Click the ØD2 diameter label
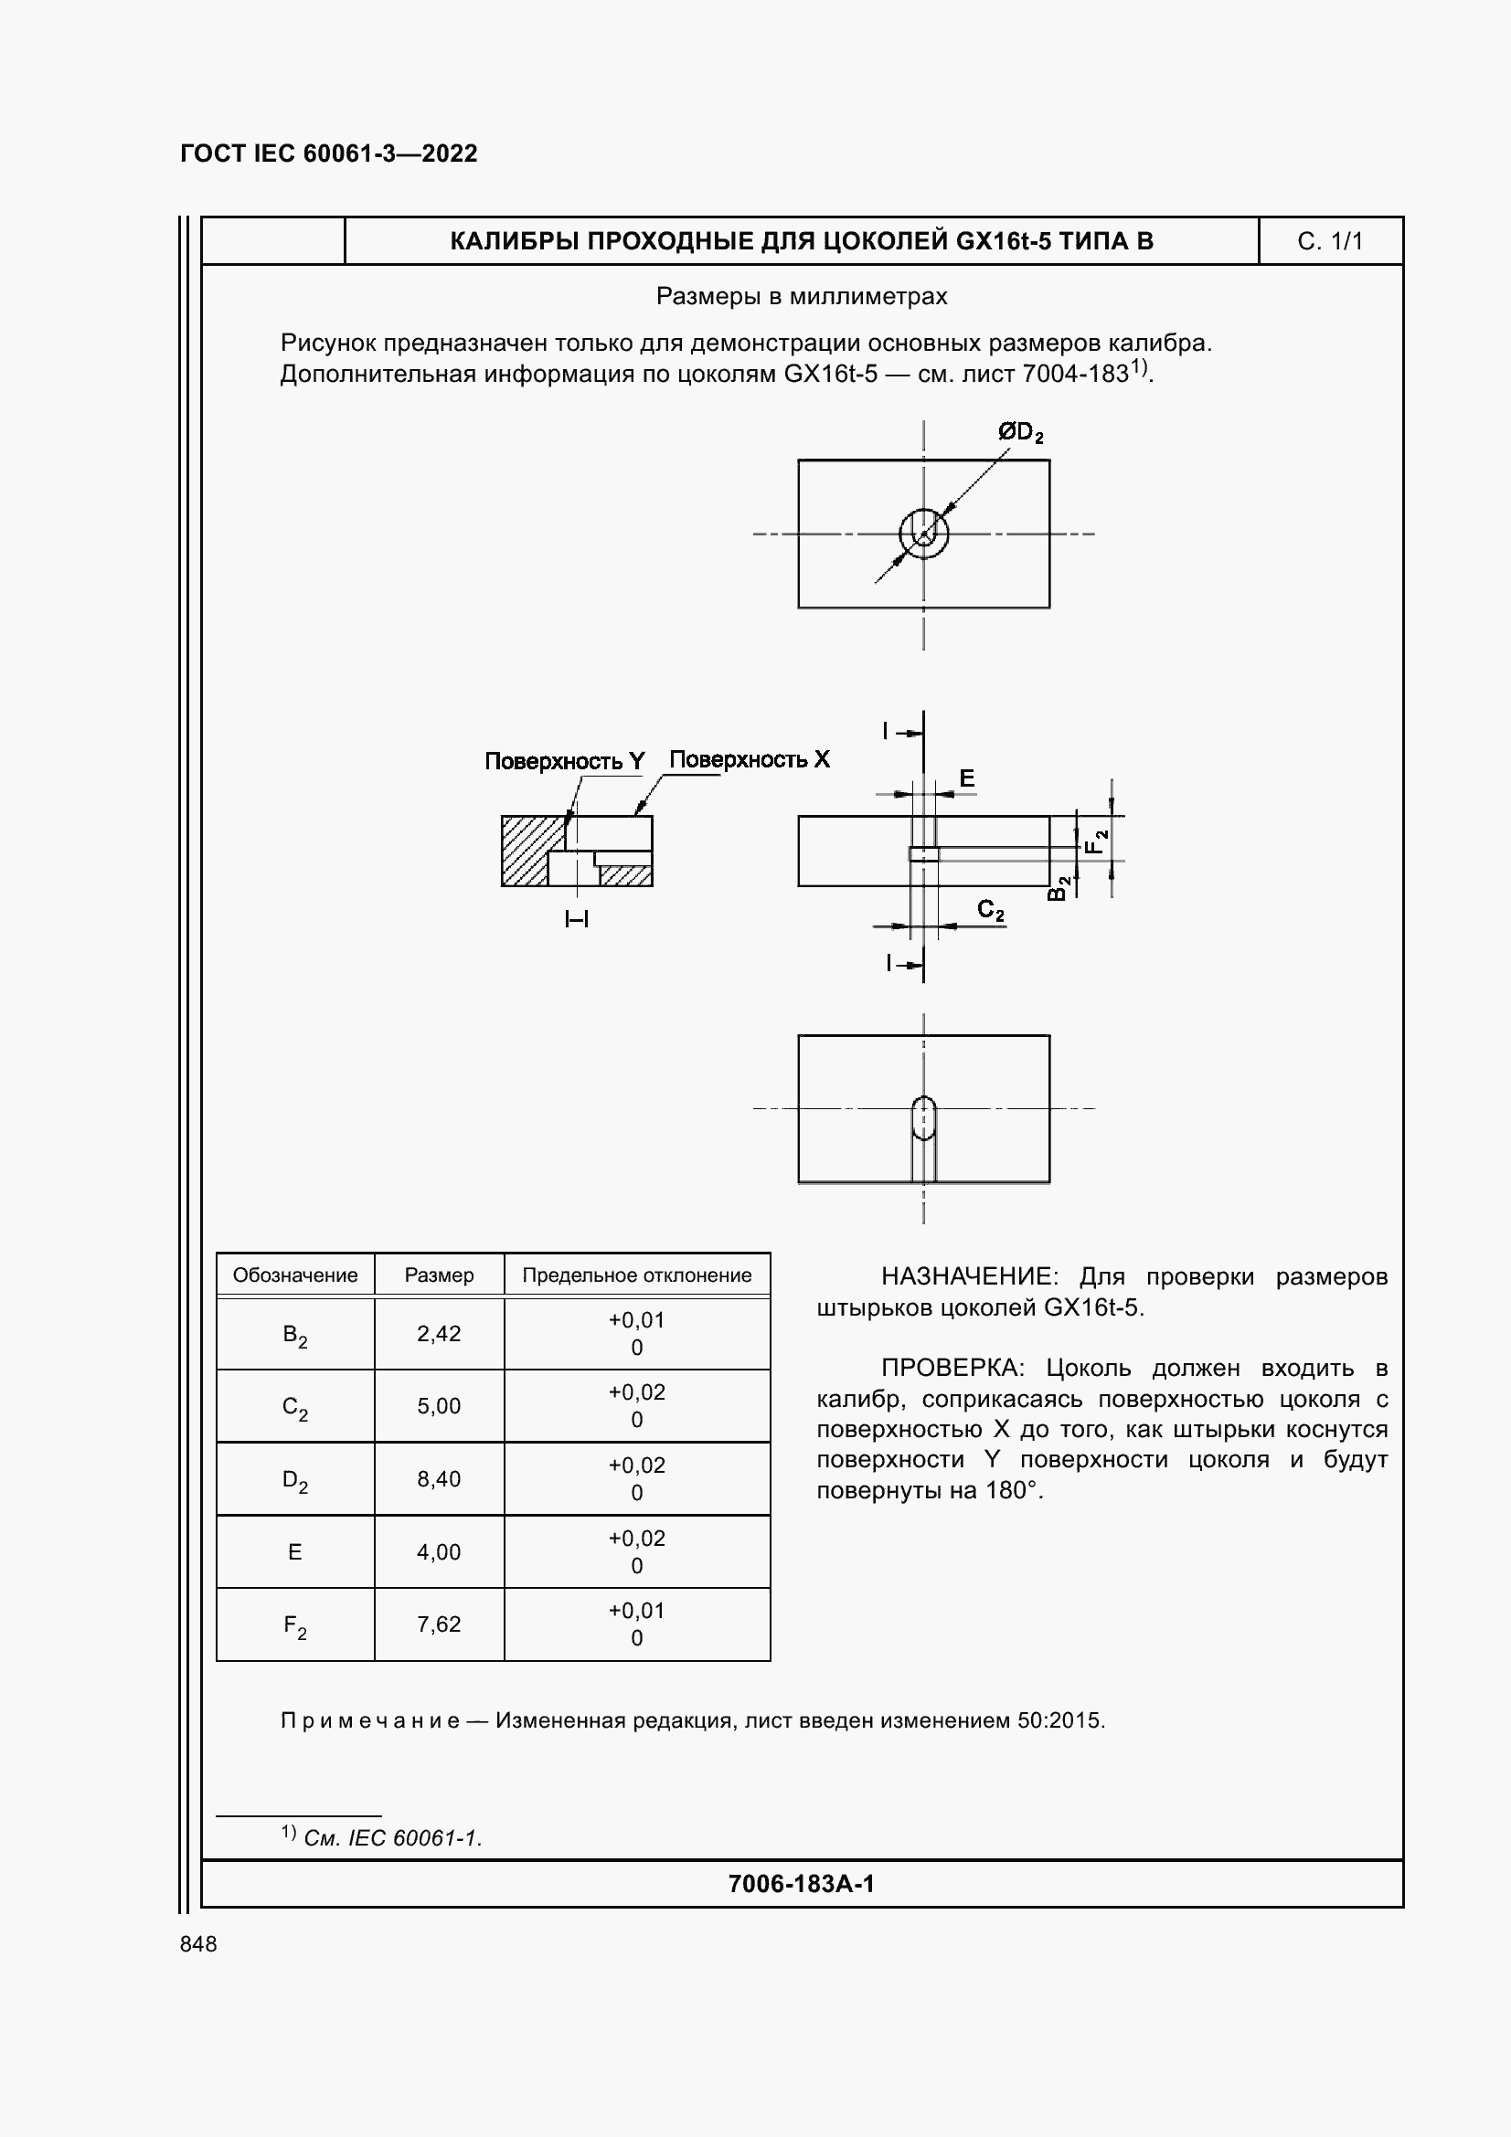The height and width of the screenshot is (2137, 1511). (x=1019, y=433)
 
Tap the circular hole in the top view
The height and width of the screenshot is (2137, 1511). (x=923, y=534)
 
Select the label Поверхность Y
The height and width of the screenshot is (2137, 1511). (x=564, y=761)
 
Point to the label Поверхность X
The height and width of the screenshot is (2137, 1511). (x=750, y=759)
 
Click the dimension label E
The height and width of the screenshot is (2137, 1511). (x=966, y=778)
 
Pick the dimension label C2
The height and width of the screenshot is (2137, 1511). (x=991, y=910)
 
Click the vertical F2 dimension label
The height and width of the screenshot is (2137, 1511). (x=1099, y=841)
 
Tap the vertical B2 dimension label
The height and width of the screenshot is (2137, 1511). (x=1059, y=888)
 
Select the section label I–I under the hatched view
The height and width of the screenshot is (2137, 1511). (x=576, y=920)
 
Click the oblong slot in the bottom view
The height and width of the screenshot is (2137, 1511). (x=923, y=1117)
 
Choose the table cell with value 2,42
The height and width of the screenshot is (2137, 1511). (x=439, y=1334)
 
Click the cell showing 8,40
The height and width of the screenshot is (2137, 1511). (x=439, y=1479)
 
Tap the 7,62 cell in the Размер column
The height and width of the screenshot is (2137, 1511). (x=439, y=1624)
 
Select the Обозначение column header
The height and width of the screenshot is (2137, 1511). (x=295, y=1275)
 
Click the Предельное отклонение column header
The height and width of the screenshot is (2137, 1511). (x=637, y=1275)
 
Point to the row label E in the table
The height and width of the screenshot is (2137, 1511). (x=295, y=1551)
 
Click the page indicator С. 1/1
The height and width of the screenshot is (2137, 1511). (x=1329, y=242)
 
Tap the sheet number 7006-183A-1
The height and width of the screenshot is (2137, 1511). (x=801, y=1884)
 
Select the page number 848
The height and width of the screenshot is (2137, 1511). (x=198, y=1944)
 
